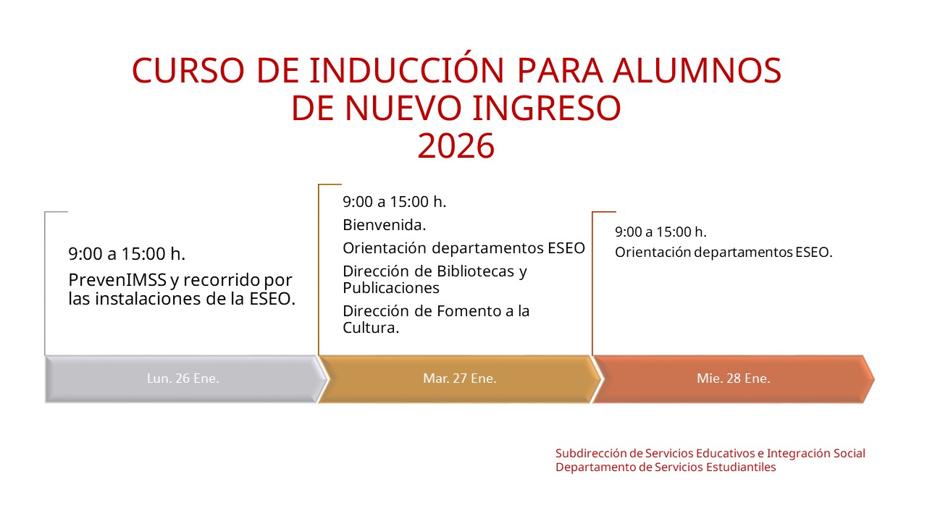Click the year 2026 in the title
click(456, 146)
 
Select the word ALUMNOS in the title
click(697, 70)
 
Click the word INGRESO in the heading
click(547, 109)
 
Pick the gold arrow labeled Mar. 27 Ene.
click(459, 378)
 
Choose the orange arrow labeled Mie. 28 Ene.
click(734, 378)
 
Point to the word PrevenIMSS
click(117, 280)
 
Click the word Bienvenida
click(384, 225)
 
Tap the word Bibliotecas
click(475, 271)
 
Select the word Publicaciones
click(390, 288)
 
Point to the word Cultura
click(371, 328)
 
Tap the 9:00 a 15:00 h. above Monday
click(127, 254)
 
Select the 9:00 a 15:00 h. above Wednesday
click(660, 232)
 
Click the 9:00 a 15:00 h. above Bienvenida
click(395, 202)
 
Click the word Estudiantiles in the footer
click(741, 467)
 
